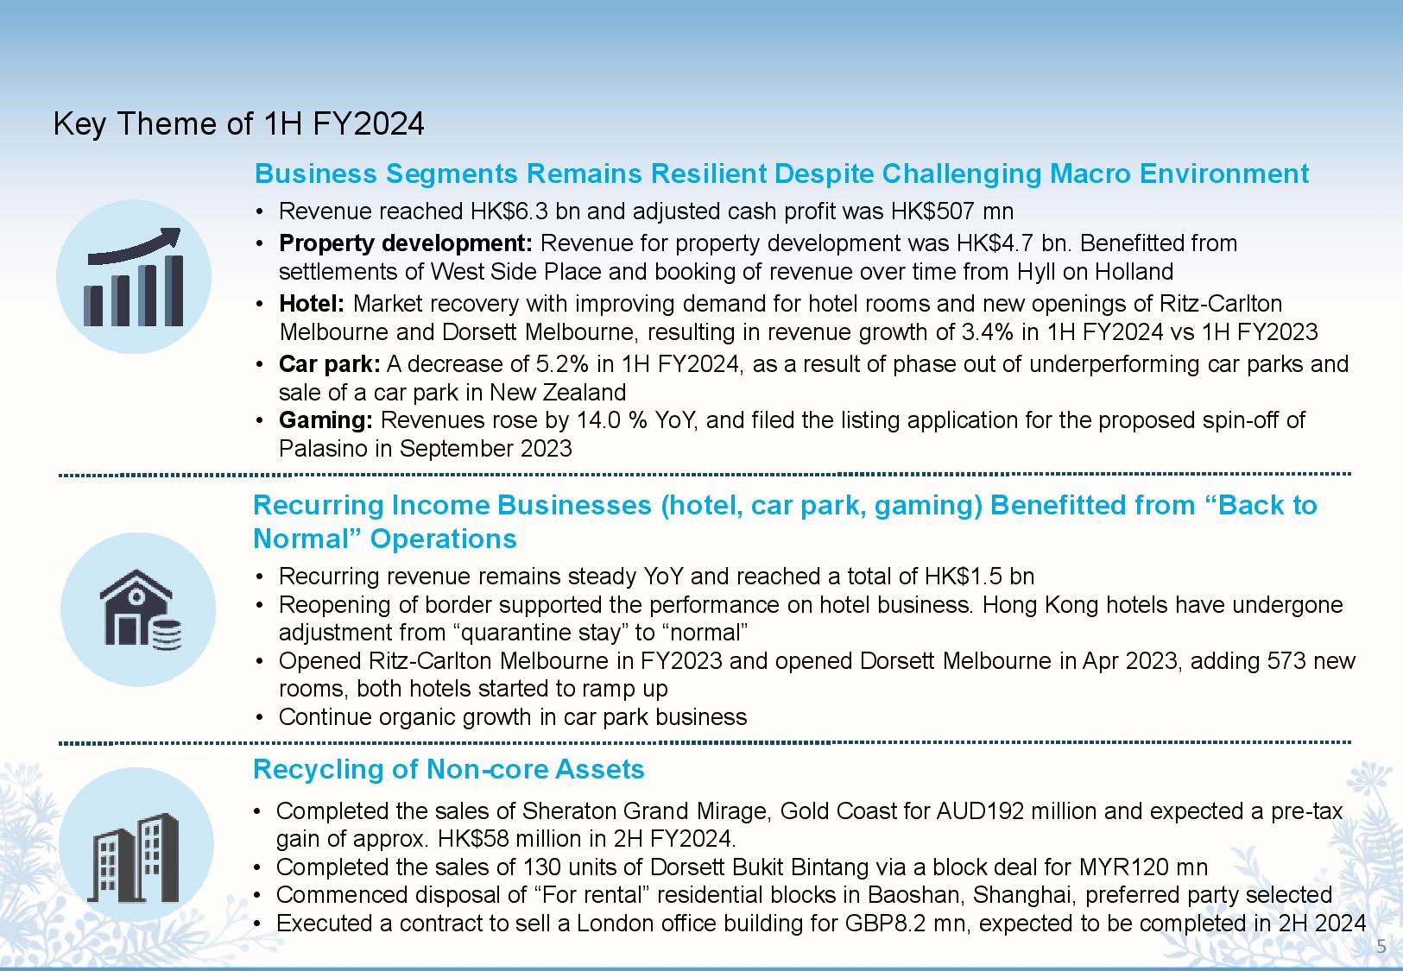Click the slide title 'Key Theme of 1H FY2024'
click(x=238, y=124)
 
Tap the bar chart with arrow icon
click(x=134, y=277)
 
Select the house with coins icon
click(x=139, y=609)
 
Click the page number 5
click(x=1381, y=947)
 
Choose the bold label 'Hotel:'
click(x=312, y=304)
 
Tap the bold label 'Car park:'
click(x=329, y=364)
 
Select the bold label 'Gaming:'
click(x=325, y=420)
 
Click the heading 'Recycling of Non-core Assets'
click(x=449, y=768)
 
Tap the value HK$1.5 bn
click(x=979, y=577)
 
